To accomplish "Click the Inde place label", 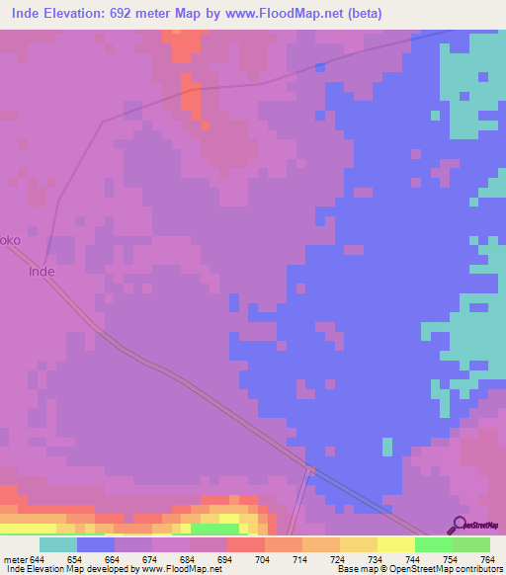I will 42,271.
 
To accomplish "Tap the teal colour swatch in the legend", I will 58,544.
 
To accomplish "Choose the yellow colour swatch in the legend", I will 396,544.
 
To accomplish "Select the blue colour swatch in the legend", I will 96,544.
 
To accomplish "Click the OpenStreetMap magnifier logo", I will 458,526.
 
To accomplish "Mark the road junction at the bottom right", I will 310,470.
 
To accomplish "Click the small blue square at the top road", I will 320,67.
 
